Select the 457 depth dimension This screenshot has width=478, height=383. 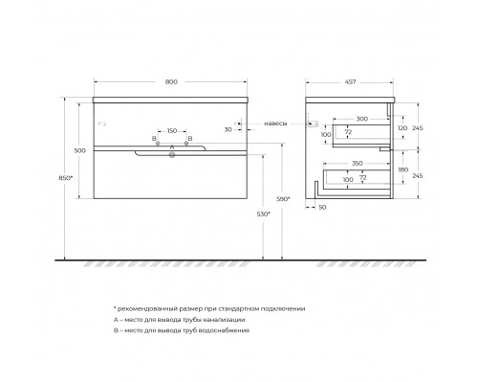coord(350,83)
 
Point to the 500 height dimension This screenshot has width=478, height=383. coord(79,150)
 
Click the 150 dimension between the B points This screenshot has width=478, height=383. coord(172,130)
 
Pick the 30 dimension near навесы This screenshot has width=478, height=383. coord(228,129)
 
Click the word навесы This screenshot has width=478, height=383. coord(275,123)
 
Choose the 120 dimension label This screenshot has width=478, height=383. coord(403,126)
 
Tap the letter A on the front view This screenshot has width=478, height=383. coord(172,146)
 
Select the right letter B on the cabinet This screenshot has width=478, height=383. coord(190,140)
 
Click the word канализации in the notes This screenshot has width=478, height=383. coord(228,319)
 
